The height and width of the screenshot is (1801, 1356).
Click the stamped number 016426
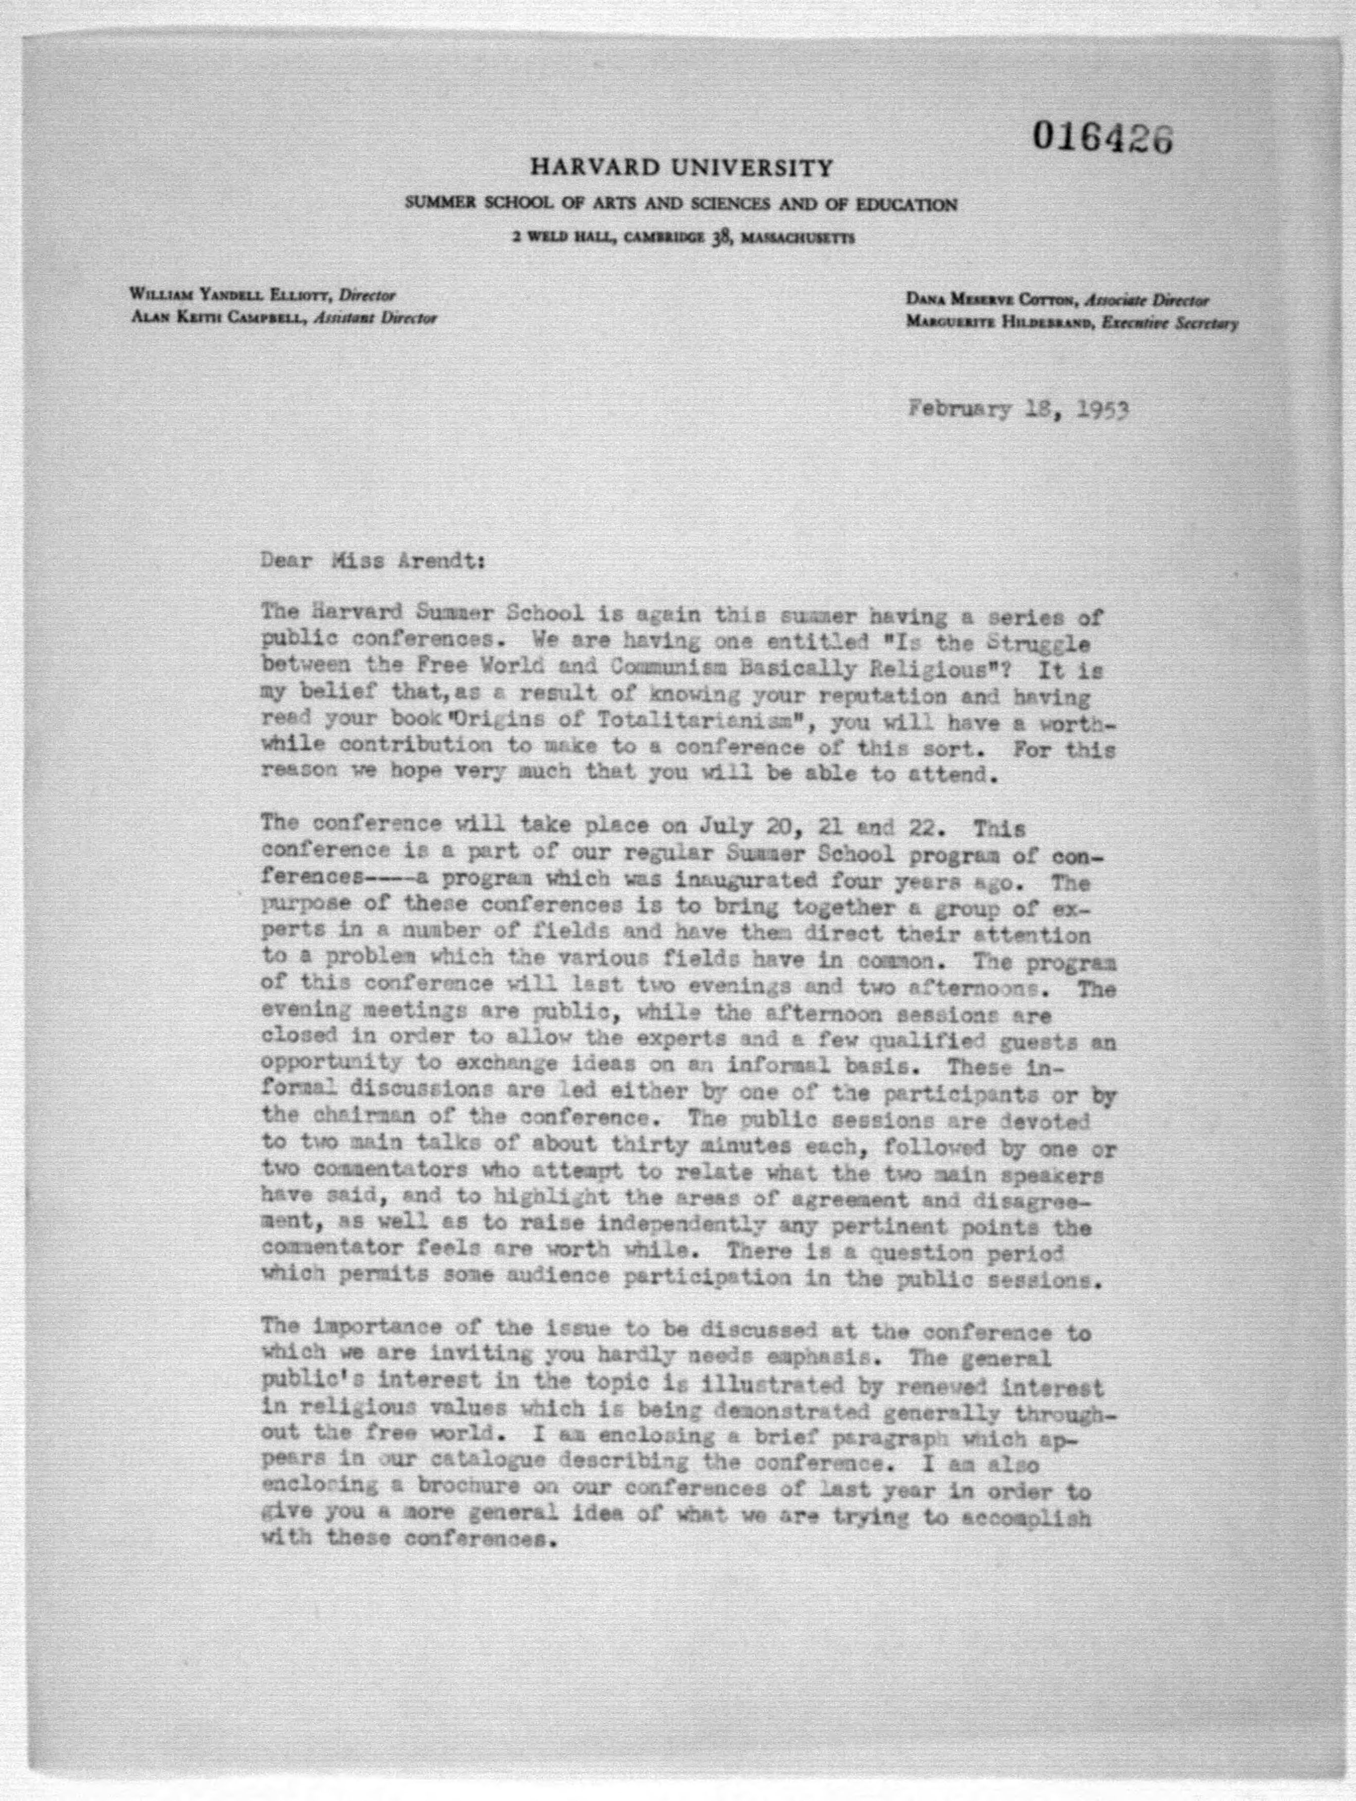1103,138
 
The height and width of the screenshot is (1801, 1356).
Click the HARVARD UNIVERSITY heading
682,168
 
